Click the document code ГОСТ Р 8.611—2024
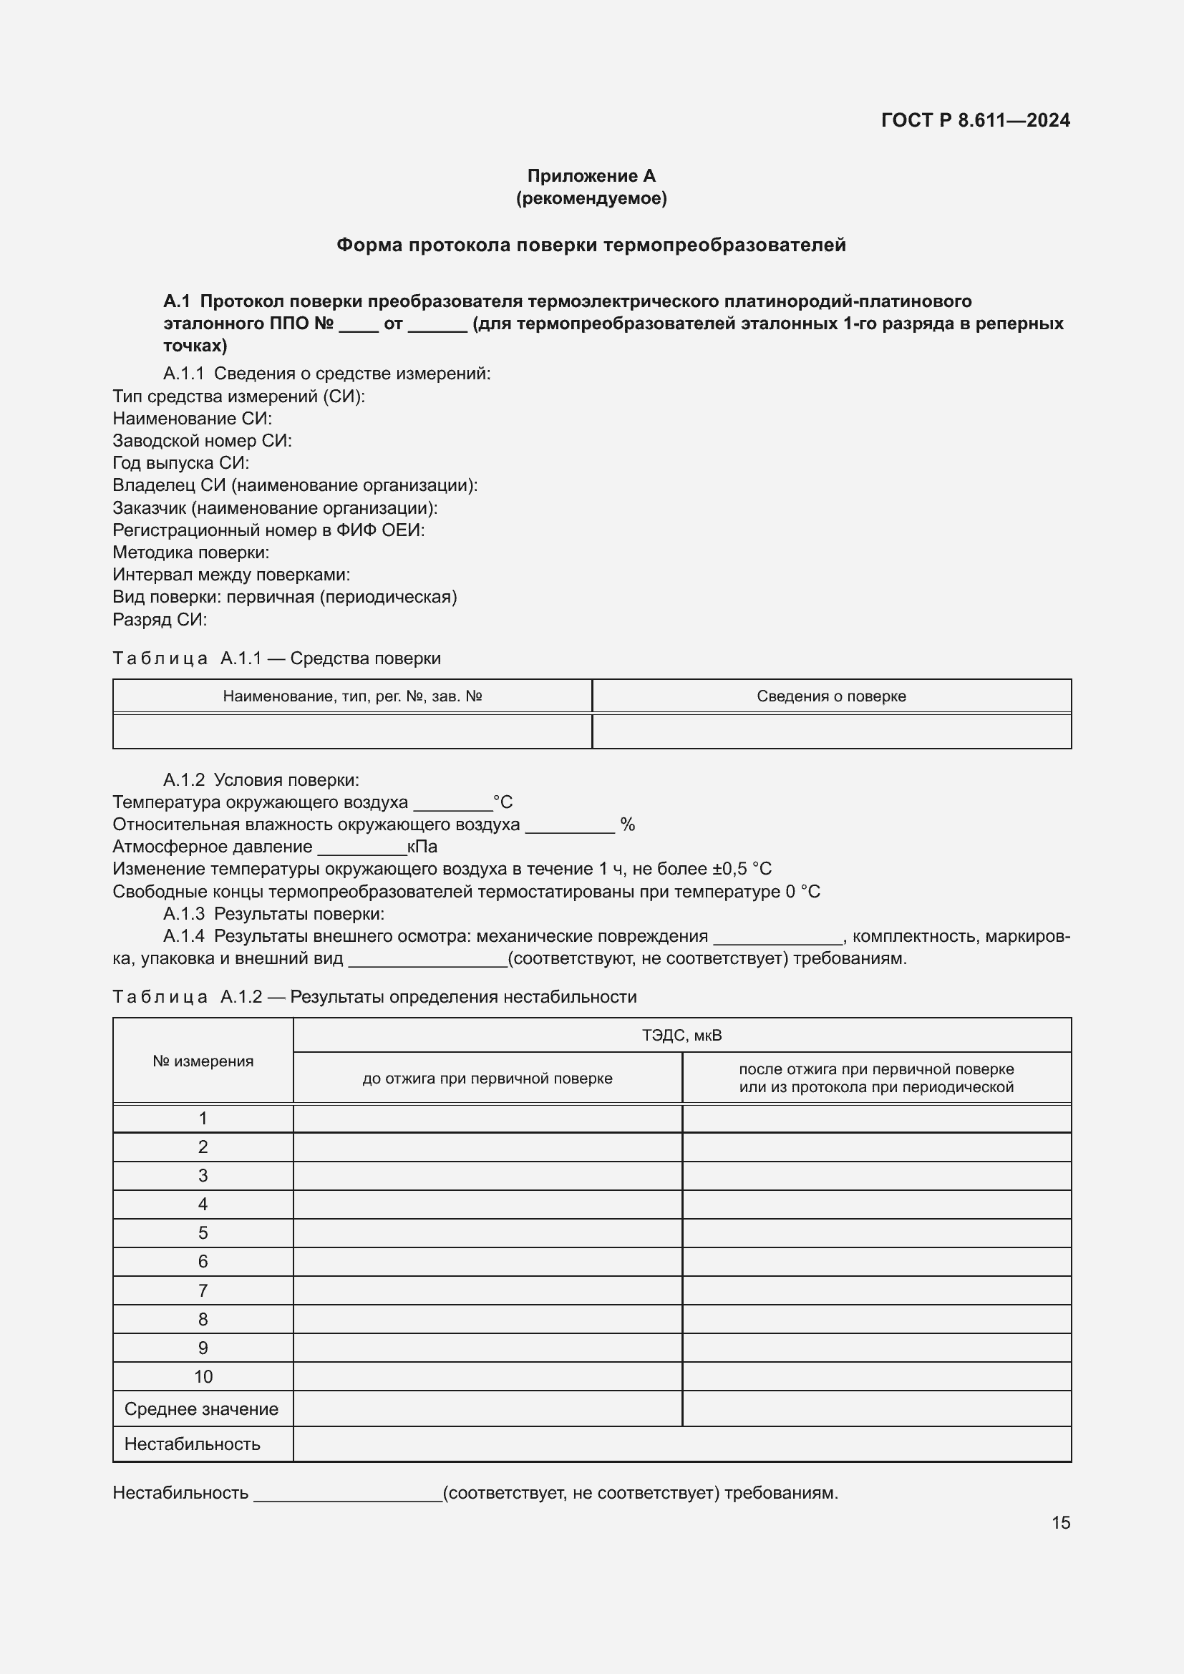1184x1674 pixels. coord(975,120)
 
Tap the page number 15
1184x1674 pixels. coord(1060,1522)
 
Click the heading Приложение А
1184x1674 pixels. coord(591,176)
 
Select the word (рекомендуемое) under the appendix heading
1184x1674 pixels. coord(591,198)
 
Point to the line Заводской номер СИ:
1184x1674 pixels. coord(202,440)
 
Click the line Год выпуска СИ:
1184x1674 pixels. coord(181,463)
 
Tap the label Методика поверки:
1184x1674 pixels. coord(191,553)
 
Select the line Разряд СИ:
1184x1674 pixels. coord(160,620)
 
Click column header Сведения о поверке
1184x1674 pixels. coord(831,696)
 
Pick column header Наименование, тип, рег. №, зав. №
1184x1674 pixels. coord(352,696)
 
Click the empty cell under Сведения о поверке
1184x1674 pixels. coord(831,731)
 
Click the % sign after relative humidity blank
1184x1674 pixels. coord(627,824)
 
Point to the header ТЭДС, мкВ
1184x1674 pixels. coord(681,1036)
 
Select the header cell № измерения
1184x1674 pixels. coord(203,1061)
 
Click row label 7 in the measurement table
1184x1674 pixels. coord(203,1290)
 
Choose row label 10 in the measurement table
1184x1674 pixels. coord(203,1376)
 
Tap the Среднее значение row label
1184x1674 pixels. coord(201,1409)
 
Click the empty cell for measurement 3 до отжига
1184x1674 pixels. coord(487,1175)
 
